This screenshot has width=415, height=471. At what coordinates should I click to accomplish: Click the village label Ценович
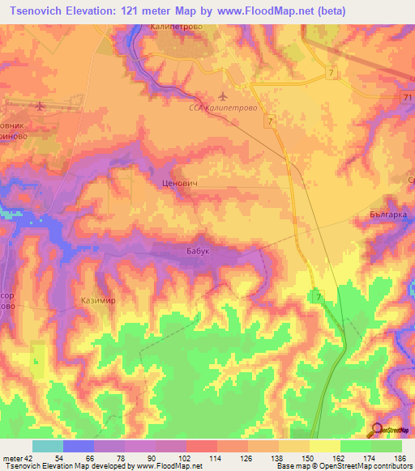tap(181, 184)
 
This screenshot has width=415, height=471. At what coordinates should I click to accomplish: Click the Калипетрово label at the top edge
tap(175, 27)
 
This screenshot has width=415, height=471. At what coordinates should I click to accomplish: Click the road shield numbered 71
tap(406, 97)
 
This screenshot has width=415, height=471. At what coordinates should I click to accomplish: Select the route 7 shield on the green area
tap(318, 298)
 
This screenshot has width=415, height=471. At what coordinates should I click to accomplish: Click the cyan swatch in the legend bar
tap(48, 446)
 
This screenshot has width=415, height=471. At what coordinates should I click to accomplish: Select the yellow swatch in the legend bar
tap(324, 446)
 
